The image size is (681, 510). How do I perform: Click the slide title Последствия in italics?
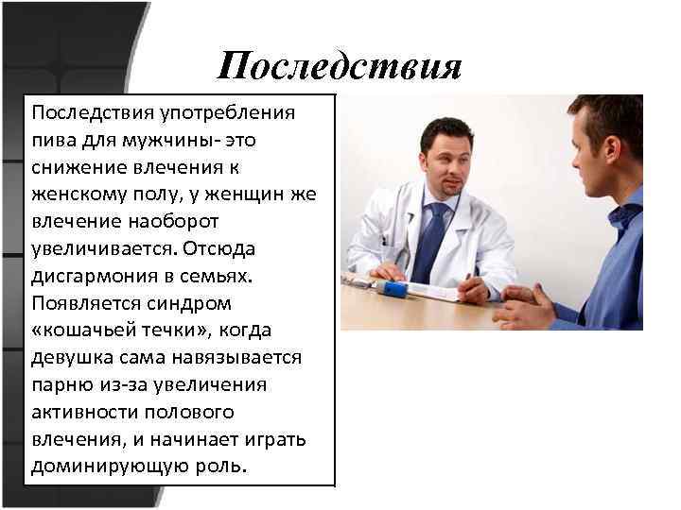point(339,66)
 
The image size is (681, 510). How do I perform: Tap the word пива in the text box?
point(52,141)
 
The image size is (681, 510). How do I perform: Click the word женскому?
point(78,195)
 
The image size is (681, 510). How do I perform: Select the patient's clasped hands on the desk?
point(525,306)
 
